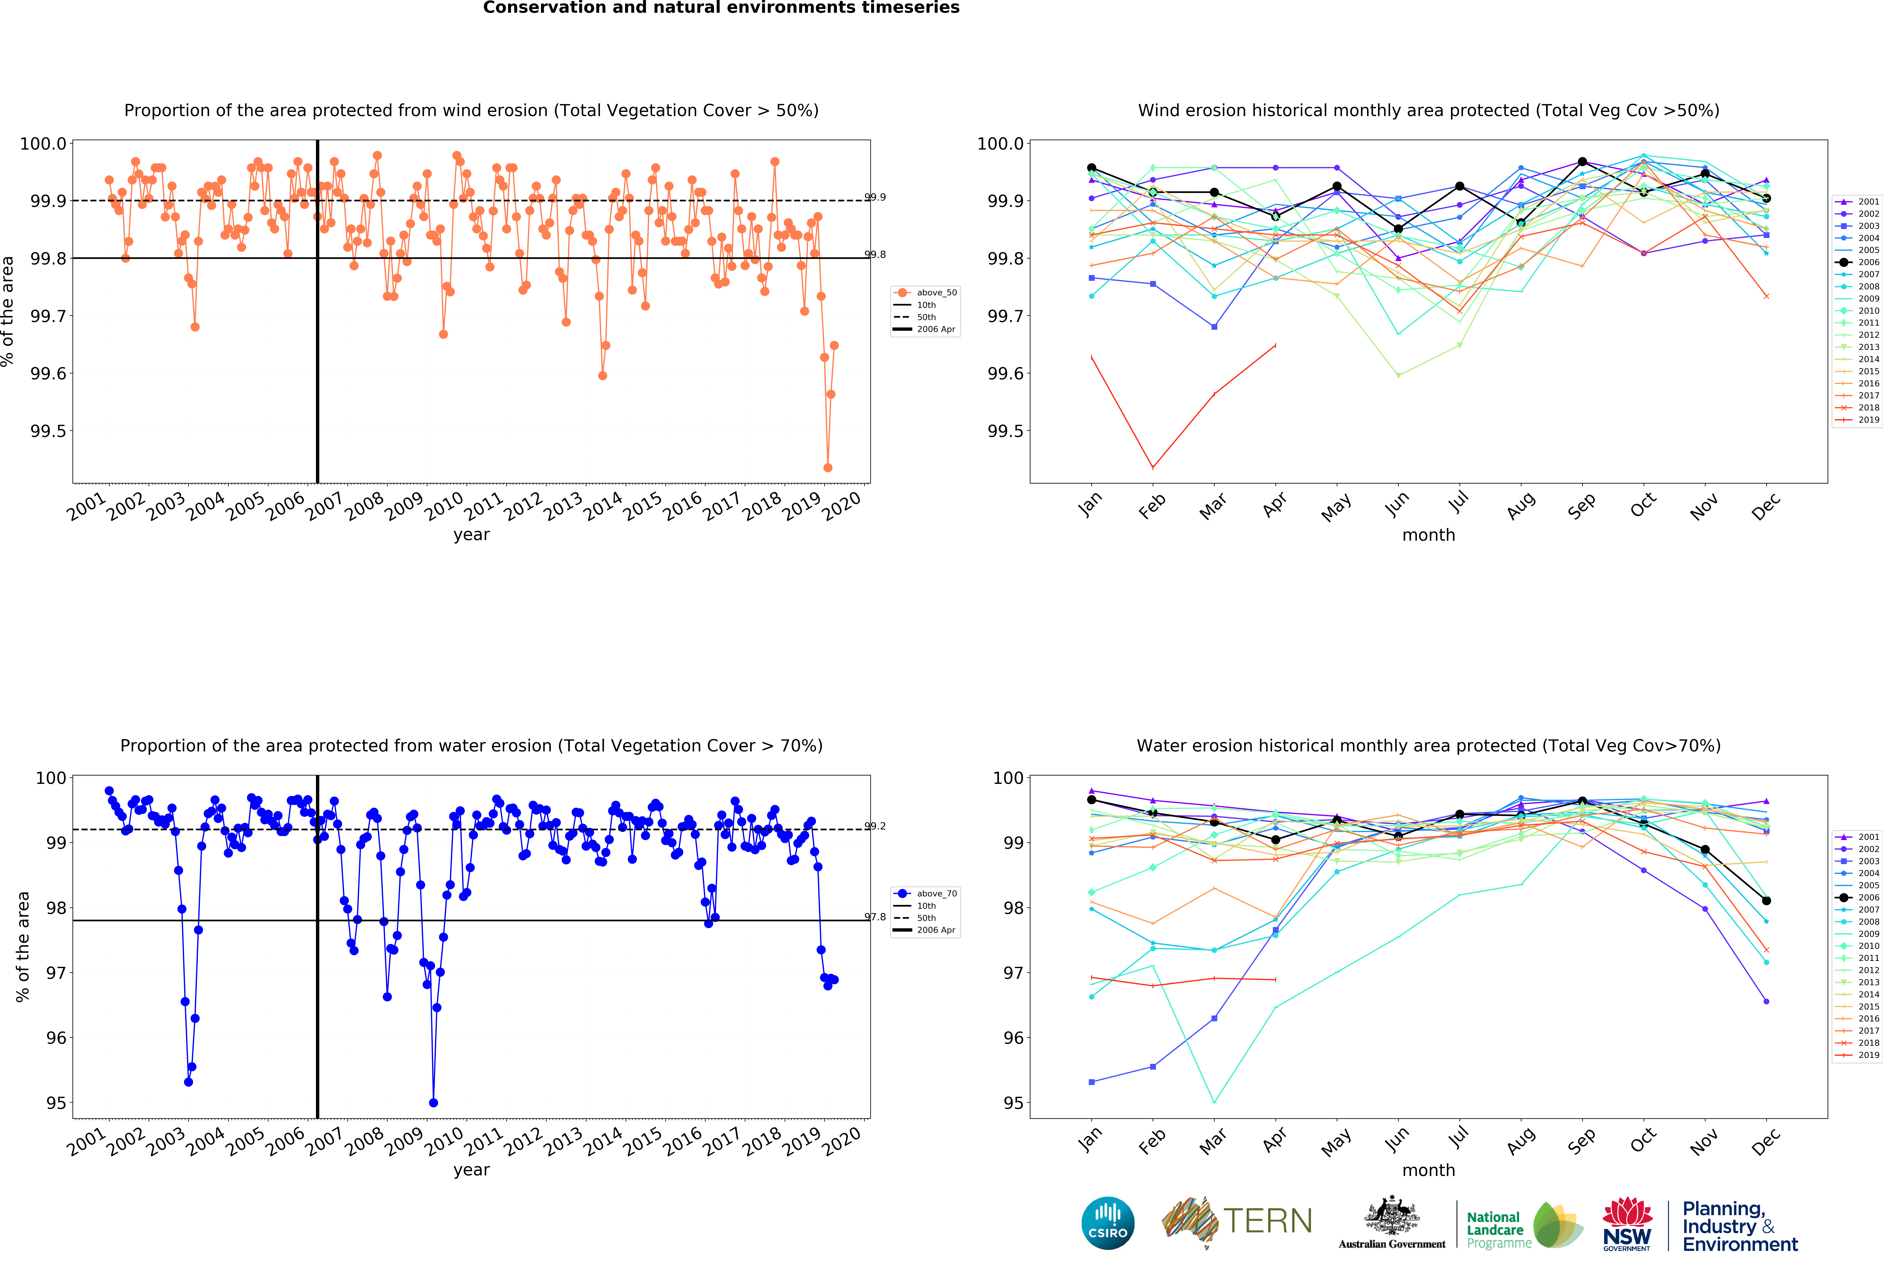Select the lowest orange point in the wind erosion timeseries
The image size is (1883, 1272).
(827, 467)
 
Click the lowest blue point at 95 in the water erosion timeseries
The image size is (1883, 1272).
(433, 1103)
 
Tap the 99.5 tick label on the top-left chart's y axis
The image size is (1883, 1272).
(49, 431)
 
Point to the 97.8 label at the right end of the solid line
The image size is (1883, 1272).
(875, 917)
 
